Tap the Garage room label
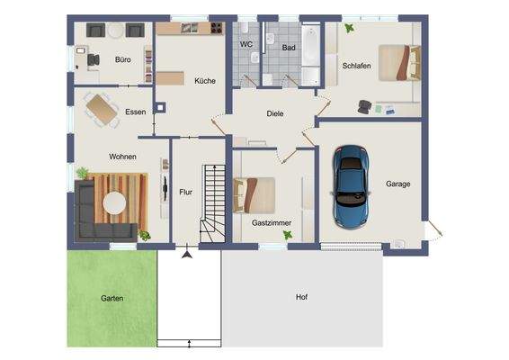tap(398, 184)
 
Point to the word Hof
tap(301, 297)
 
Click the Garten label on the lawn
tap(112, 298)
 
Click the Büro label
tap(123, 60)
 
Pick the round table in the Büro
tap(114, 30)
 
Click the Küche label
tap(205, 81)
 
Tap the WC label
tap(246, 44)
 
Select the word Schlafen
tap(358, 67)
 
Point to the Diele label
tap(275, 114)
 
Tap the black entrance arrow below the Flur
tap(187, 256)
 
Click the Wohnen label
tap(123, 157)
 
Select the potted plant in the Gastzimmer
tap(287, 235)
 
